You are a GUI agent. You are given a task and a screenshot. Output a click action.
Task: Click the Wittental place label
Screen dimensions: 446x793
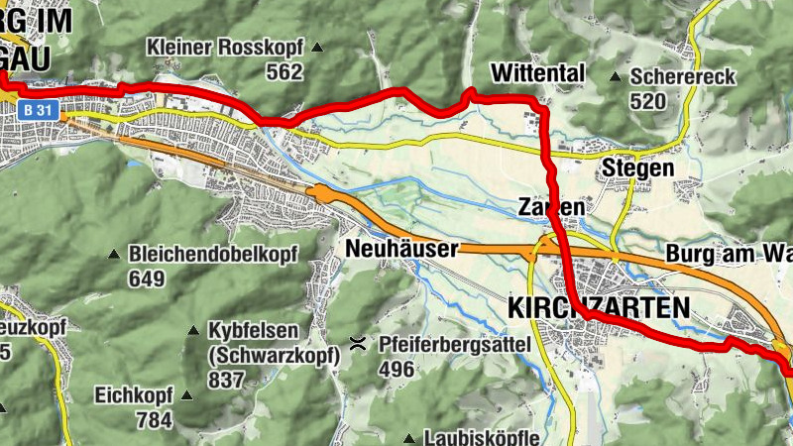538,73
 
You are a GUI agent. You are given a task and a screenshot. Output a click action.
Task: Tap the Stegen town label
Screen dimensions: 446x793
637,168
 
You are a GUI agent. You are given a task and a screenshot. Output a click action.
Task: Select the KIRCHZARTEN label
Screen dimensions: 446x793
598,308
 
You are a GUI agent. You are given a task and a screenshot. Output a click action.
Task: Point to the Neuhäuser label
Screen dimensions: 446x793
401,248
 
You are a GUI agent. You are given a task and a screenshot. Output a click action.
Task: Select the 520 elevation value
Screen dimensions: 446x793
648,101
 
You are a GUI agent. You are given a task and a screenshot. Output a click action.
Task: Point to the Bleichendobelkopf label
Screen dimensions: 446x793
213,255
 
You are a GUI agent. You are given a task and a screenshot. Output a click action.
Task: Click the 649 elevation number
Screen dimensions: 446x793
146,279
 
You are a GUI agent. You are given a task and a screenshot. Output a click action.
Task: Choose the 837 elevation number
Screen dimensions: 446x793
225,379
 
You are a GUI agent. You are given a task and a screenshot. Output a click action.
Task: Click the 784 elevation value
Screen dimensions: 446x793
154,420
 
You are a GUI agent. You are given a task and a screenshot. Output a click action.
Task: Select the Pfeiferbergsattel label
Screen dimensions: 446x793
456,345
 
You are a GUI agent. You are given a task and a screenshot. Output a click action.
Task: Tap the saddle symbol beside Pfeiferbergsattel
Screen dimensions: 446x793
357,345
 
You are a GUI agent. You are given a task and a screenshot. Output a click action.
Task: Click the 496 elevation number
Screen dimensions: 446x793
397,370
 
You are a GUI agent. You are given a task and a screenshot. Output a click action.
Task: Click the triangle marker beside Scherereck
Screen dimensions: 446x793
615,76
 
